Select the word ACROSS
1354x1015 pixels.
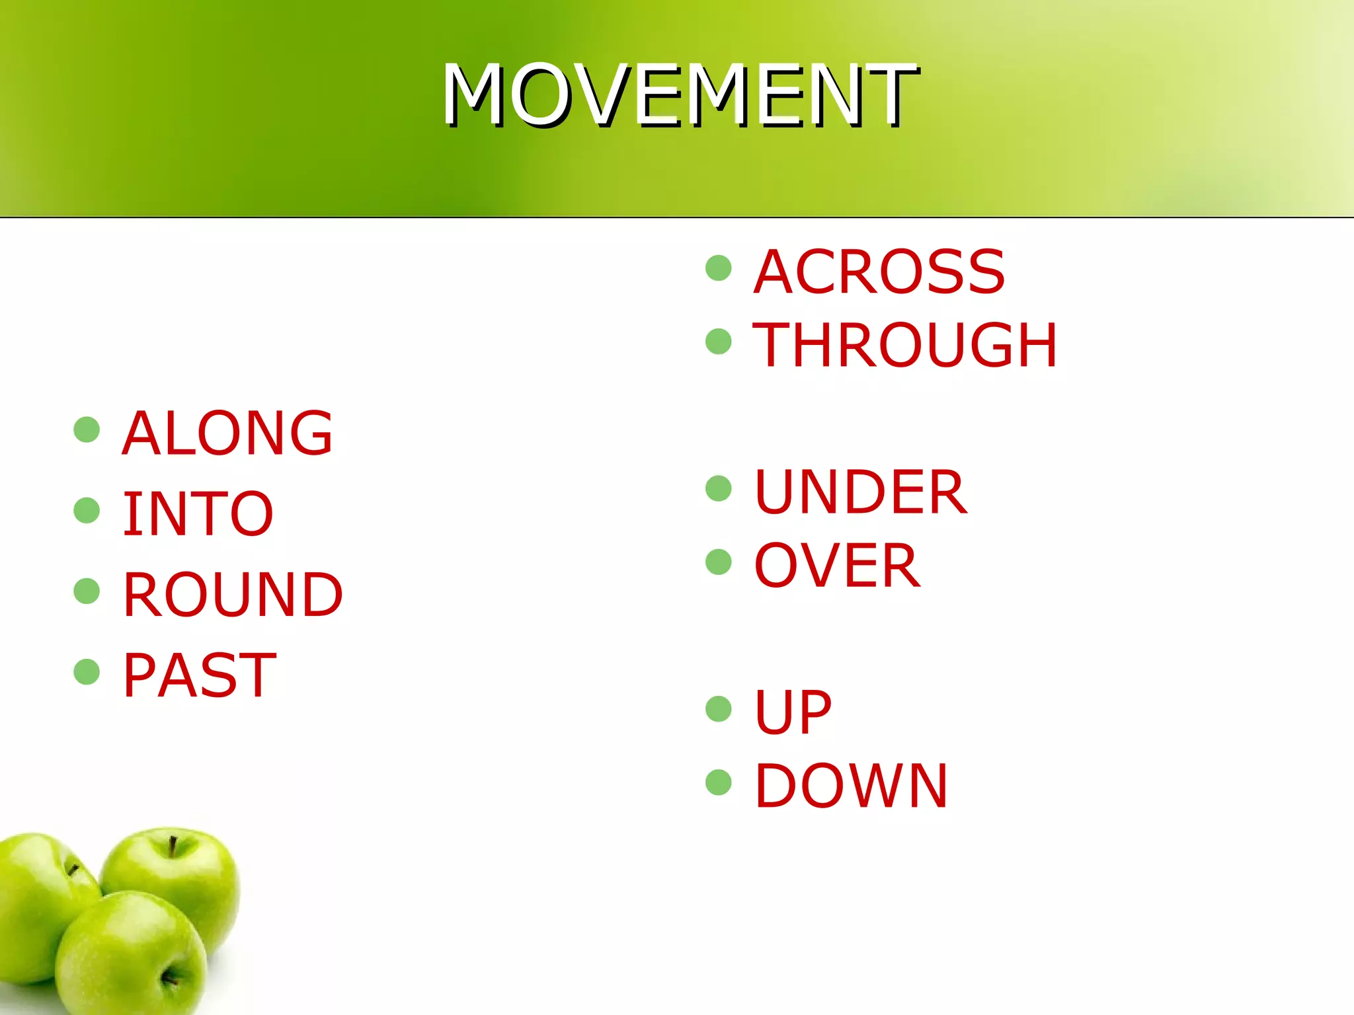(x=879, y=272)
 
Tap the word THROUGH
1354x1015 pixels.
(x=905, y=345)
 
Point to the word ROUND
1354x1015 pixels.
(x=233, y=595)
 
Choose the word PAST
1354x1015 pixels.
(x=199, y=675)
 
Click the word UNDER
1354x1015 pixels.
(x=861, y=492)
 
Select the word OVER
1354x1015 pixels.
(x=837, y=566)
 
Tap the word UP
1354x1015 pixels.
(x=793, y=712)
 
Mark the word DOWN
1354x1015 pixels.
(x=852, y=786)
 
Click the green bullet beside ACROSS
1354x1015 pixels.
(x=719, y=268)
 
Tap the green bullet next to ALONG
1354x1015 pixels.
(x=87, y=430)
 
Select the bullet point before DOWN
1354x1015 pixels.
(x=719, y=782)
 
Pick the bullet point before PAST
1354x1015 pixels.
(x=87, y=672)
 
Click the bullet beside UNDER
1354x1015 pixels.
(x=719, y=489)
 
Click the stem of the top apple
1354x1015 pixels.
(x=173, y=846)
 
